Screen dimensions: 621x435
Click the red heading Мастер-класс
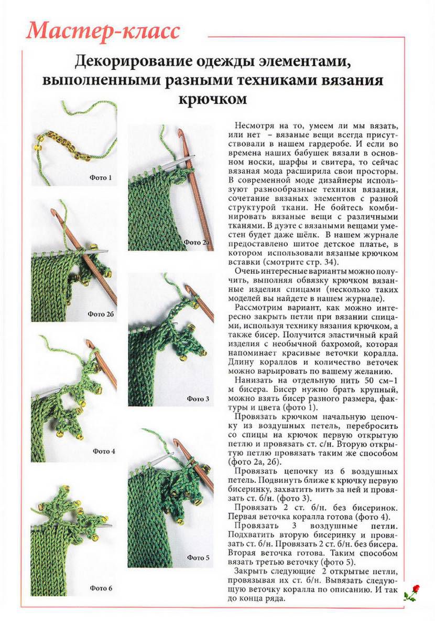coord(103,31)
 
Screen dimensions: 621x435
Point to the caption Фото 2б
coord(101,314)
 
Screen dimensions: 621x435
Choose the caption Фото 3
coord(198,399)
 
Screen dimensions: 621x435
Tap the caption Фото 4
coord(104,451)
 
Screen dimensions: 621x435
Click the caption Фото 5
coord(198,557)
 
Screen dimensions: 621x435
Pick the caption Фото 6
coord(101,588)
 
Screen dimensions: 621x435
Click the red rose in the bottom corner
coord(412,592)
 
